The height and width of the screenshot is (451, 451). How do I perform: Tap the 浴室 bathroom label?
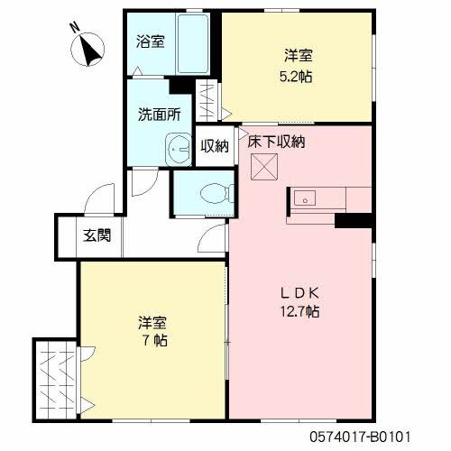pos(150,41)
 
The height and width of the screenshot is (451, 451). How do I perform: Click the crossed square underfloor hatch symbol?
pos(263,166)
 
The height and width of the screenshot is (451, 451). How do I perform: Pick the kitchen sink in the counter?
pos(306,198)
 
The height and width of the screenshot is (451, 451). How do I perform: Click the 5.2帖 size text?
pos(296,78)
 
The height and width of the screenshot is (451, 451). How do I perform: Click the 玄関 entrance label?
pos(97,236)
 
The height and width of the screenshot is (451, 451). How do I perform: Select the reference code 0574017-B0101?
pos(373,435)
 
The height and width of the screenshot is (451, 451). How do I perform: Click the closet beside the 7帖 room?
pos(56,379)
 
